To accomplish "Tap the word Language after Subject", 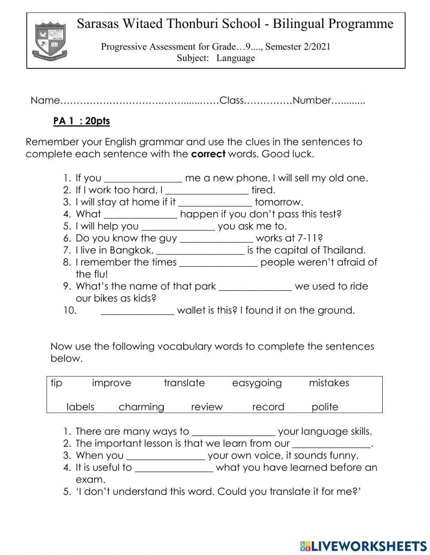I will [236, 58].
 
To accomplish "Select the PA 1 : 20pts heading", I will [81, 121].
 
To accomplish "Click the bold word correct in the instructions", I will [208, 154].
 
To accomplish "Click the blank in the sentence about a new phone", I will [143, 178].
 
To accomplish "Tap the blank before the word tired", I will [207, 190].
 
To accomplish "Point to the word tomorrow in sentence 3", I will [279, 202].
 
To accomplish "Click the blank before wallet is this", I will [138, 311].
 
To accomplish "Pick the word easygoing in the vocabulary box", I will [257, 383].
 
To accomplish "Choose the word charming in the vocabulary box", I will [141, 407].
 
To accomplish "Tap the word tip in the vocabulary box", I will [56, 383].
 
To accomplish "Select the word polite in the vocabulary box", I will [325, 407].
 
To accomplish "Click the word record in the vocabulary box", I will [268, 407].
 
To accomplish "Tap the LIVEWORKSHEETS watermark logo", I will [363, 546].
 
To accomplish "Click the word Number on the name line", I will [312, 101].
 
